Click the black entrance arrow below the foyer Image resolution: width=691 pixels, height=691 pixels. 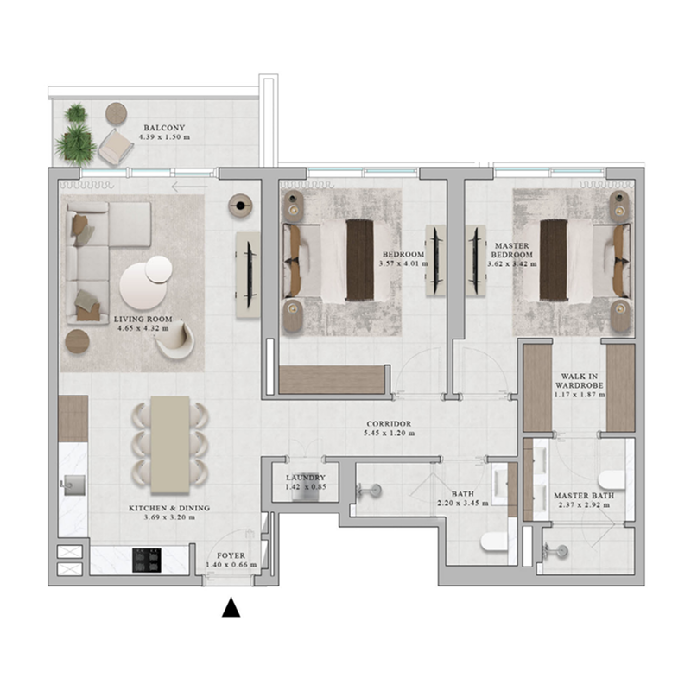pos(230,609)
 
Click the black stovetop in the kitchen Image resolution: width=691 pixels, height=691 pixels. pos(145,560)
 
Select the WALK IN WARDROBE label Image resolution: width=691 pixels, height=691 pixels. pos(579,379)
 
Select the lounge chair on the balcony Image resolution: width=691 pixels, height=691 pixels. pos(113,147)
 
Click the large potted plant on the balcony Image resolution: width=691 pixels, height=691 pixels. pos(77,143)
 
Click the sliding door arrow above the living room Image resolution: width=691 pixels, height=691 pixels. pos(189,185)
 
